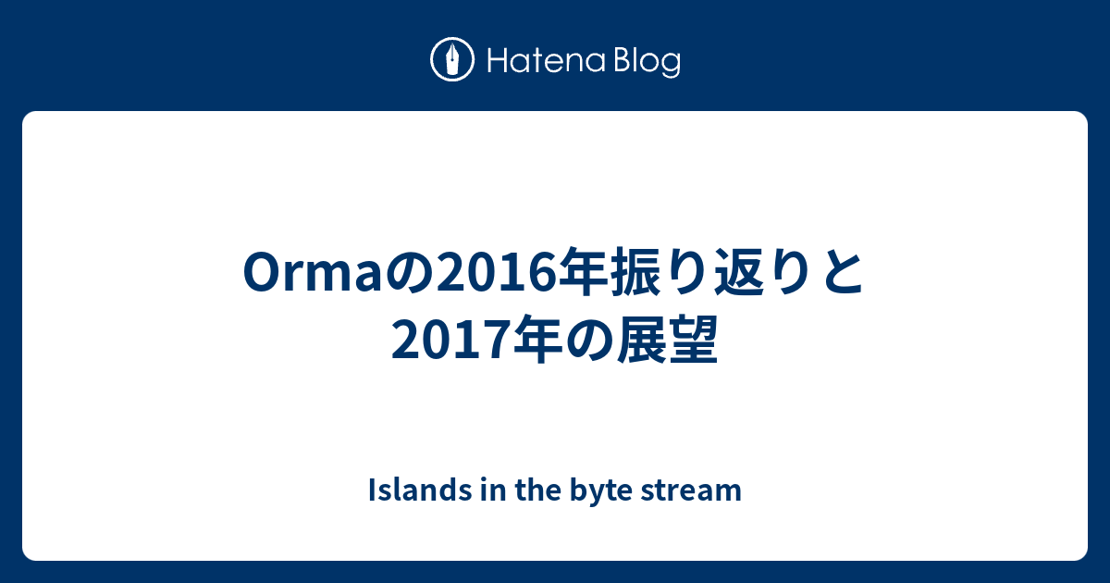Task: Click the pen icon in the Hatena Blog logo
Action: pos(452,61)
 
